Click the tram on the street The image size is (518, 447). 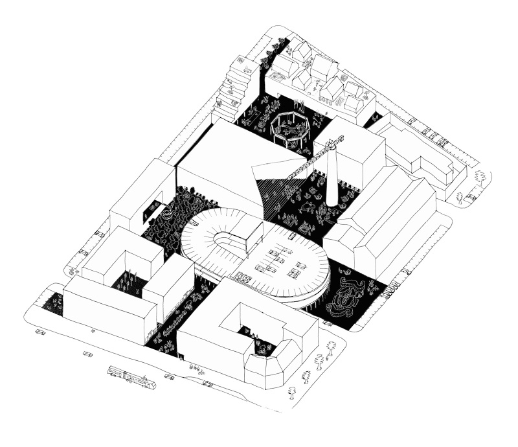pos(131,377)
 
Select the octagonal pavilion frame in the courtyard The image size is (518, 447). pos(289,128)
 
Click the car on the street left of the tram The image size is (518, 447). pos(88,355)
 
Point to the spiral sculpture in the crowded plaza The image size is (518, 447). pos(168,211)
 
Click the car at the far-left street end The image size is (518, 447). pos(41,332)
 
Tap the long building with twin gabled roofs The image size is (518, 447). pos(382,217)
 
